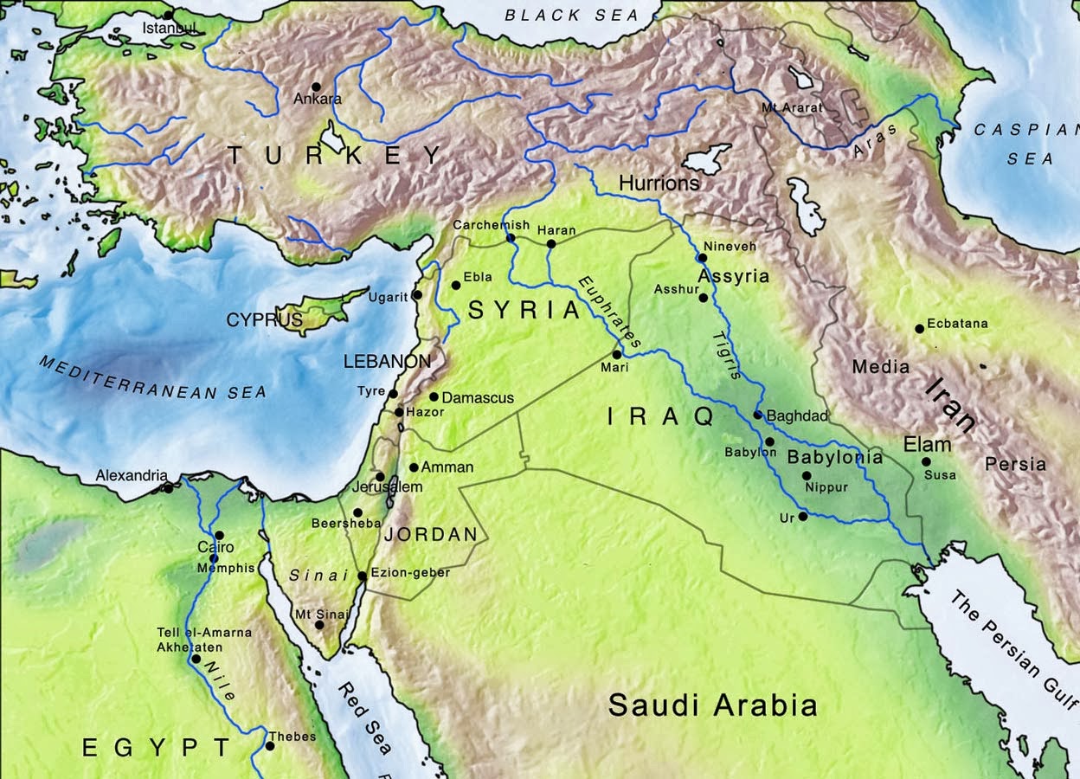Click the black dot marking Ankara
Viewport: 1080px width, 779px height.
pyautogui.click(x=316, y=87)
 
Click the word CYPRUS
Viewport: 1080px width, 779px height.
pyautogui.click(x=265, y=320)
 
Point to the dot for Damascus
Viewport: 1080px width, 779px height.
pyautogui.click(x=434, y=397)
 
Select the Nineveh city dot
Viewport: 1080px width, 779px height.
pyautogui.click(x=704, y=257)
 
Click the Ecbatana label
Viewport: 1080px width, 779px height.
pyautogui.click(x=957, y=324)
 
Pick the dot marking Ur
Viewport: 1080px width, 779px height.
pyautogui.click(x=803, y=517)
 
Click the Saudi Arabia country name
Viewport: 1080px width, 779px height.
pyautogui.click(x=711, y=705)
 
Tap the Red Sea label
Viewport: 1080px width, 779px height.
pyautogui.click(x=364, y=718)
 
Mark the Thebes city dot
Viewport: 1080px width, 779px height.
pyautogui.click(x=270, y=746)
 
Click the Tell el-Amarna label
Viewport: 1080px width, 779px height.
pyautogui.click(x=204, y=633)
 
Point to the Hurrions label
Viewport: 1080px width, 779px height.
pyautogui.click(x=659, y=183)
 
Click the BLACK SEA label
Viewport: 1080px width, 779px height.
pyautogui.click(x=571, y=15)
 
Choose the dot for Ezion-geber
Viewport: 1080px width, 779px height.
pyautogui.click(x=362, y=576)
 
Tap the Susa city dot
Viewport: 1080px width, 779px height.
pyautogui.click(x=926, y=461)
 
